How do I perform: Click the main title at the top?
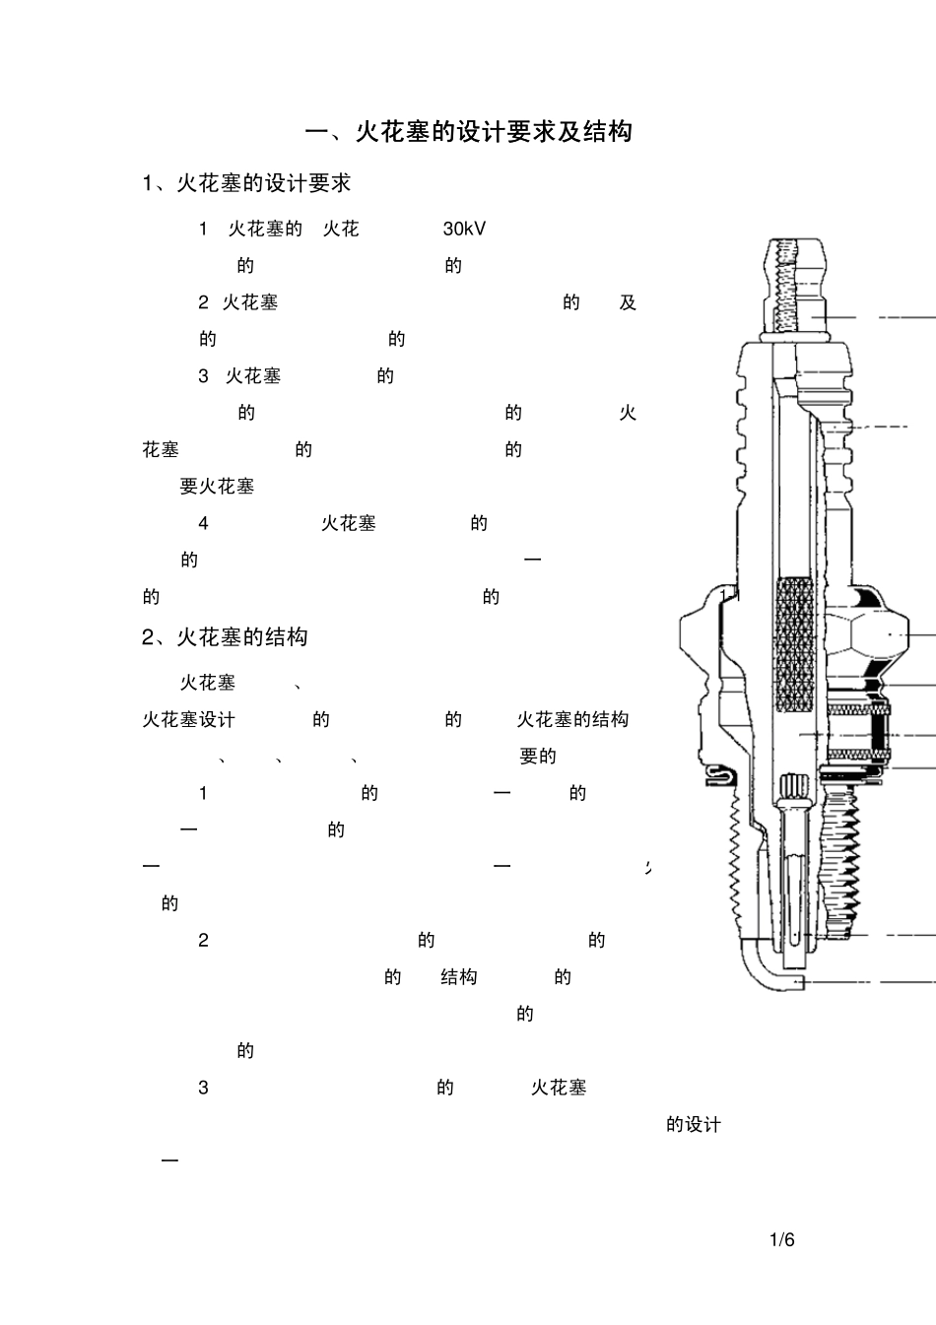(468, 132)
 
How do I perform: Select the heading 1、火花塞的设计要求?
(246, 183)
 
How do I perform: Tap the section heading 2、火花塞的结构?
(225, 637)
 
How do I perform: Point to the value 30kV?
(464, 229)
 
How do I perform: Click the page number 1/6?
(781, 1240)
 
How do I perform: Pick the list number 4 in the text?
(203, 523)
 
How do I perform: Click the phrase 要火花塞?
(217, 487)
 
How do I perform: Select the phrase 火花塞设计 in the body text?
(189, 720)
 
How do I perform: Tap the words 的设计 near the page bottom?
(694, 1125)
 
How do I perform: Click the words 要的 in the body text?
(538, 757)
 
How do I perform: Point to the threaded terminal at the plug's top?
(792, 281)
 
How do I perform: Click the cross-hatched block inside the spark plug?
(794, 645)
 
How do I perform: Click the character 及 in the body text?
(628, 302)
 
